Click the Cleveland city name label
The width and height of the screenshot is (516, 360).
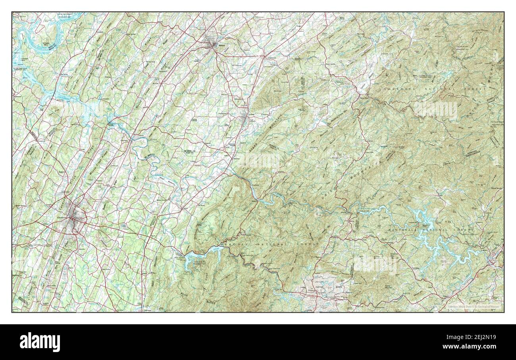(61, 218)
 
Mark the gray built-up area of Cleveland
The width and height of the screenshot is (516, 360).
(73, 216)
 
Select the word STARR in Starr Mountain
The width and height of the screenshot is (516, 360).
(254, 147)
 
